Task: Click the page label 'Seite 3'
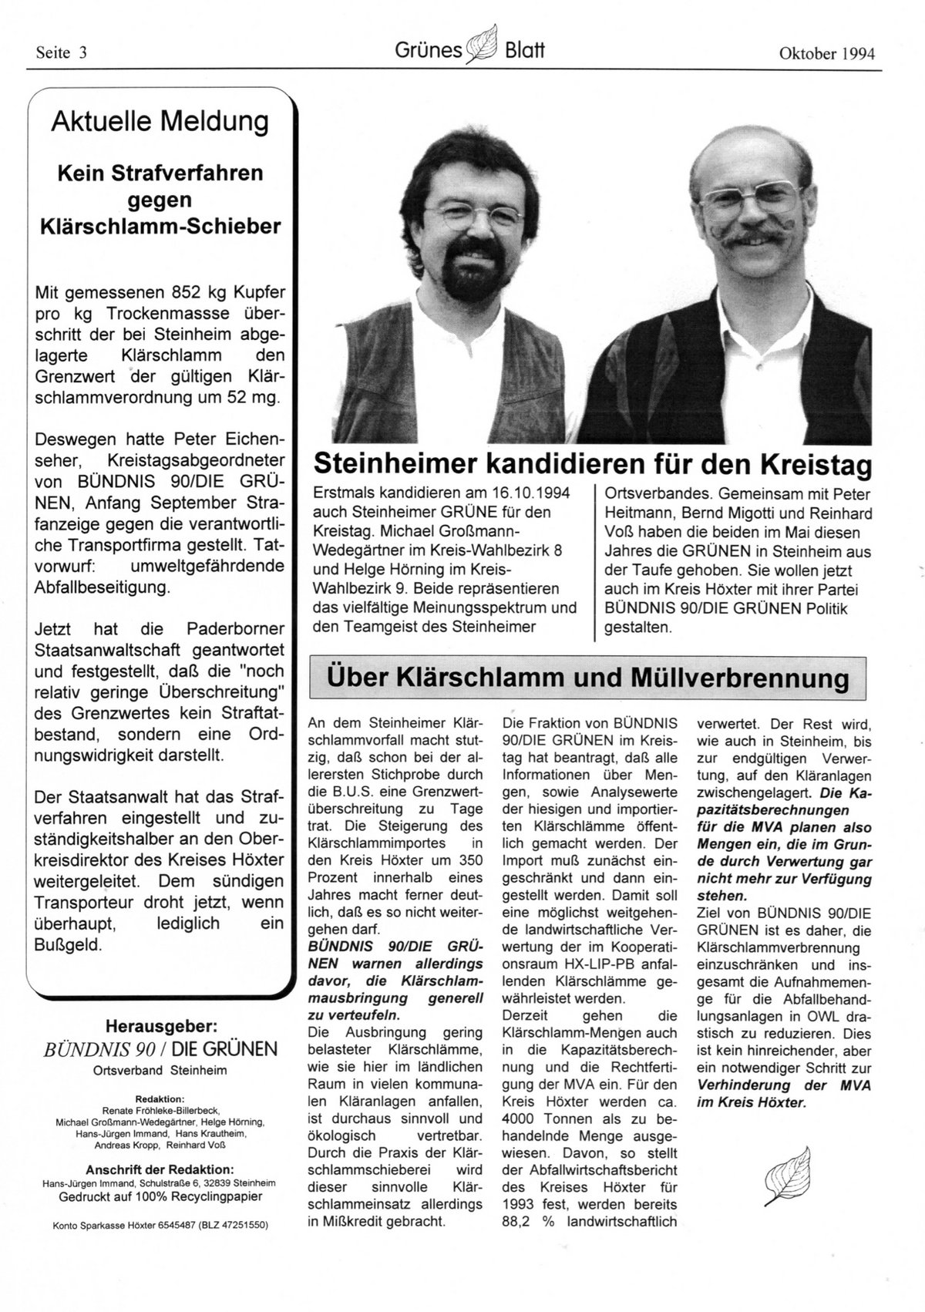62,53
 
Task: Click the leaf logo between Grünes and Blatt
484,44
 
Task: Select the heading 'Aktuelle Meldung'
160,121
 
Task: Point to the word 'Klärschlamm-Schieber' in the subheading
160,225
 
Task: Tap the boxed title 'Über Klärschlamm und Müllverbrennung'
587,678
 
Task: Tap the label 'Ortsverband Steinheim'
160,1071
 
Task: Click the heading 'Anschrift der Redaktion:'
160,1169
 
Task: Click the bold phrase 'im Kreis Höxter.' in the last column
751,1102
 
